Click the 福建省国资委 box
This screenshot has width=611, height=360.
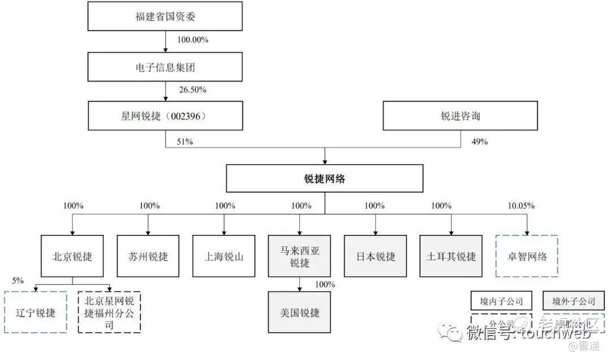pos(165,16)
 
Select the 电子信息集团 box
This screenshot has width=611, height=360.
pos(165,67)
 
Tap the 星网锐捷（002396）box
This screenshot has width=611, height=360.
pos(165,117)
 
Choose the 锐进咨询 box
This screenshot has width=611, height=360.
pos(460,117)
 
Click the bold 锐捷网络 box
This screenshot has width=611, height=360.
pos(325,179)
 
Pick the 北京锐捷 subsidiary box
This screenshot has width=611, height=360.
pos(72,256)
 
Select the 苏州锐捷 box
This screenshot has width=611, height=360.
pos(148,256)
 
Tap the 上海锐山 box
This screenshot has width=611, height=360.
pos(224,256)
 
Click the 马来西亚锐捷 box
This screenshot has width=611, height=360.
pos(300,256)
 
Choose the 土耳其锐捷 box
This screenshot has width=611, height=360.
pos(451,256)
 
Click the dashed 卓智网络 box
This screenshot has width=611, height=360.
pos(527,256)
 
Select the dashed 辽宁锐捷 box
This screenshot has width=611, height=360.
pos(35,312)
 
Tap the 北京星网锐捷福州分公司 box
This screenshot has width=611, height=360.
pos(109,312)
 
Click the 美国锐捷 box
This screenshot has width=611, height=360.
pos(300,312)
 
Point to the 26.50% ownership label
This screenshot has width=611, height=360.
pos(192,90)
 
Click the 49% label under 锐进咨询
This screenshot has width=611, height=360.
pos(479,142)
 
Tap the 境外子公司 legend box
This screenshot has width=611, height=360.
pos(573,301)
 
